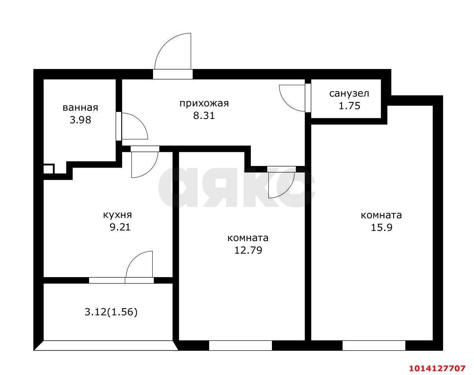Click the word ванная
click(80, 108)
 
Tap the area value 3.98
click(80, 120)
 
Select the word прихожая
click(204, 104)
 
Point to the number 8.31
click(204, 116)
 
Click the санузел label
click(349, 93)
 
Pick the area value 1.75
click(349, 106)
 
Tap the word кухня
click(117, 215)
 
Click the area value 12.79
click(248, 250)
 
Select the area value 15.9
click(381, 227)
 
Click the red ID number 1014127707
click(437, 368)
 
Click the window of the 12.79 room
click(240, 346)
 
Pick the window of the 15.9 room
click(374, 346)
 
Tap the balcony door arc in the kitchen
click(139, 264)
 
